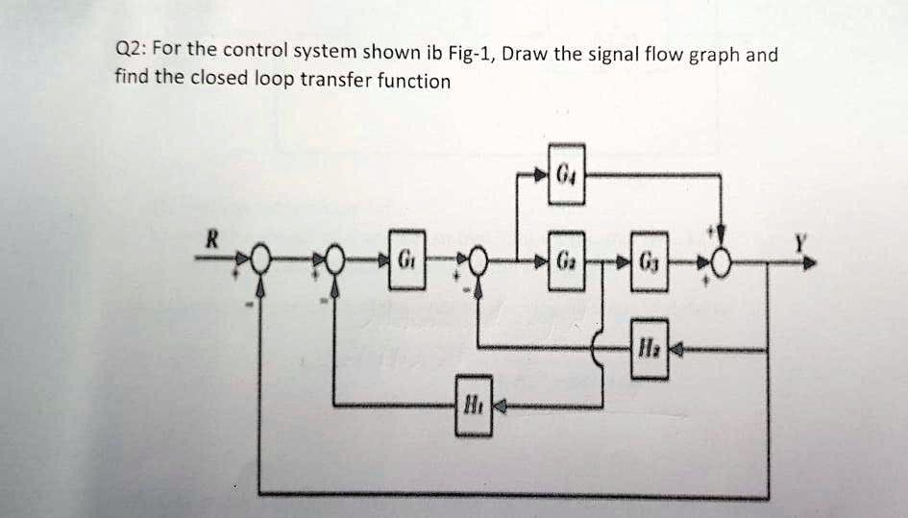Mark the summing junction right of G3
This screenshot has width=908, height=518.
tap(724, 261)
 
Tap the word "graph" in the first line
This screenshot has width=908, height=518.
tap(712, 55)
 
